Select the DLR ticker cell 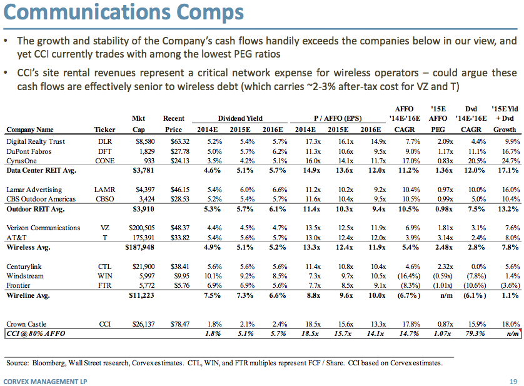(x=106, y=141)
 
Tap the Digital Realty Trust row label (x=36, y=141)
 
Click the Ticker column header (x=105, y=130)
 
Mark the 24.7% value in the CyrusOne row (x=507, y=160)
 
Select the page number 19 (x=512, y=380)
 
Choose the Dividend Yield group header (x=240, y=118)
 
